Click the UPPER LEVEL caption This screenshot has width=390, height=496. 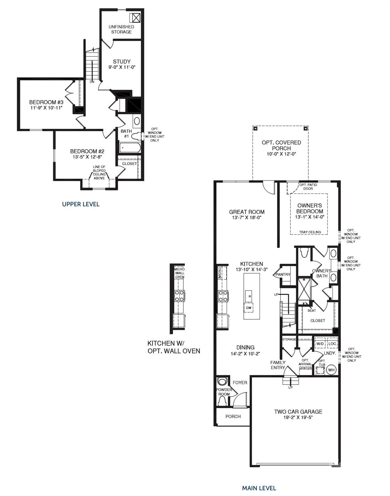(x=81, y=204)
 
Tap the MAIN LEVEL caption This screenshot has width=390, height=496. (x=259, y=488)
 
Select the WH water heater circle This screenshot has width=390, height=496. (x=331, y=370)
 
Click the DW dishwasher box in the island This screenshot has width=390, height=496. (x=249, y=308)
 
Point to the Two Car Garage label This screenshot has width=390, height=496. (x=298, y=412)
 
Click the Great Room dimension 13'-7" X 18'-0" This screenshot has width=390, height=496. (x=247, y=218)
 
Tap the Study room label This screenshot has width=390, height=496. (x=122, y=62)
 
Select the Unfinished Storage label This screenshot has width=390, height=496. (x=121, y=29)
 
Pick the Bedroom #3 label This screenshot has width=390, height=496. (x=46, y=102)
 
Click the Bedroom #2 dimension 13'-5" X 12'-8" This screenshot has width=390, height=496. (x=87, y=157)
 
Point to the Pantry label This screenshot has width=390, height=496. (x=283, y=274)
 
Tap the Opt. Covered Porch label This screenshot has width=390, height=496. (x=281, y=145)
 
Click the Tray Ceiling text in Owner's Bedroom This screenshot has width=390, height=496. (x=310, y=232)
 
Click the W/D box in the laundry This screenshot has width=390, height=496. (x=320, y=344)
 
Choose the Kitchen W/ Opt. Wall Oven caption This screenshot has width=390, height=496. (x=174, y=347)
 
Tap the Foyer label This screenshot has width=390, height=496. (x=240, y=383)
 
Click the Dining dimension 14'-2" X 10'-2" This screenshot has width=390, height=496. (x=245, y=354)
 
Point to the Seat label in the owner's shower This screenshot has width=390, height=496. (x=312, y=310)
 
